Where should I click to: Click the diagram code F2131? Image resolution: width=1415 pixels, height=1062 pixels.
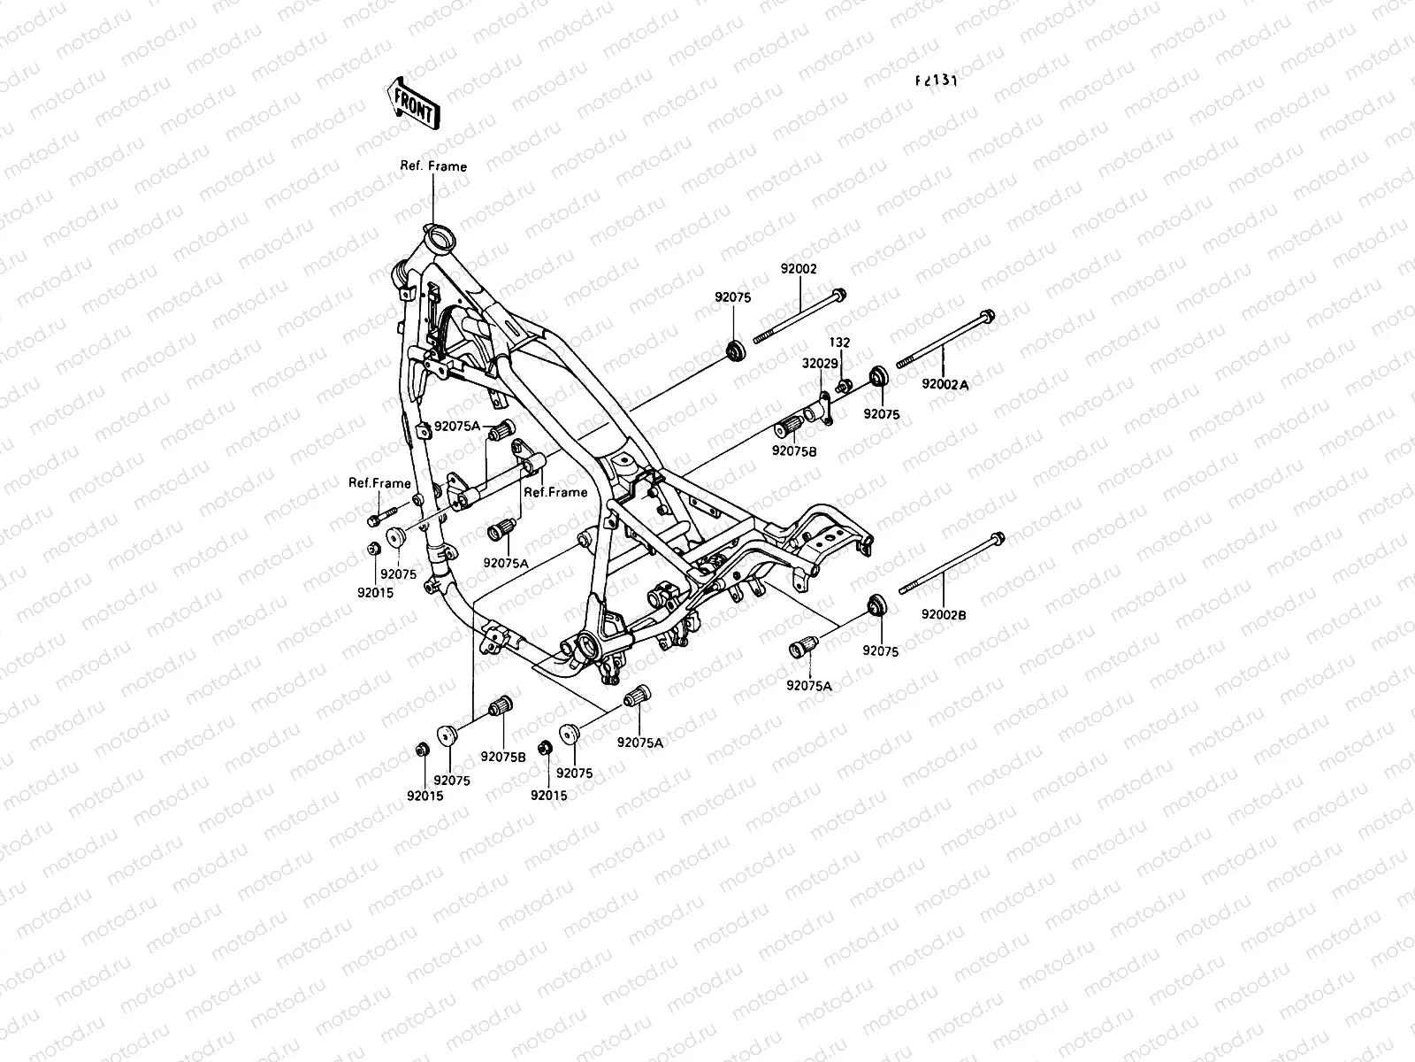(936, 80)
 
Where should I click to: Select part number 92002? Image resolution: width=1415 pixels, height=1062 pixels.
(799, 269)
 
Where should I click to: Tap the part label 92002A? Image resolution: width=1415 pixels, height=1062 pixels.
(945, 385)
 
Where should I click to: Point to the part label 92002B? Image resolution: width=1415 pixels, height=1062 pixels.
(944, 613)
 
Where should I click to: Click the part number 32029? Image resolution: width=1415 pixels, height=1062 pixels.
(819, 364)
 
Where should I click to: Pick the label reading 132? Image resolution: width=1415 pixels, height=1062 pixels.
(839, 342)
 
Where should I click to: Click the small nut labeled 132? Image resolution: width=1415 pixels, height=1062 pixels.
(844, 384)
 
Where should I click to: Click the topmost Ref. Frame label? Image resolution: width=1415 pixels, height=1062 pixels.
(433, 166)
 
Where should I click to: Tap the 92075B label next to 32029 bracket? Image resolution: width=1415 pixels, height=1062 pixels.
(794, 450)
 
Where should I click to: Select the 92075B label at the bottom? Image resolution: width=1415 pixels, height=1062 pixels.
(503, 757)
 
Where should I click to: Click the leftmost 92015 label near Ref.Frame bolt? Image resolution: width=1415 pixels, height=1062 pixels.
(375, 592)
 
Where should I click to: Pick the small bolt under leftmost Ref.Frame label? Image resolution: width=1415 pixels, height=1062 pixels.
(376, 519)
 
